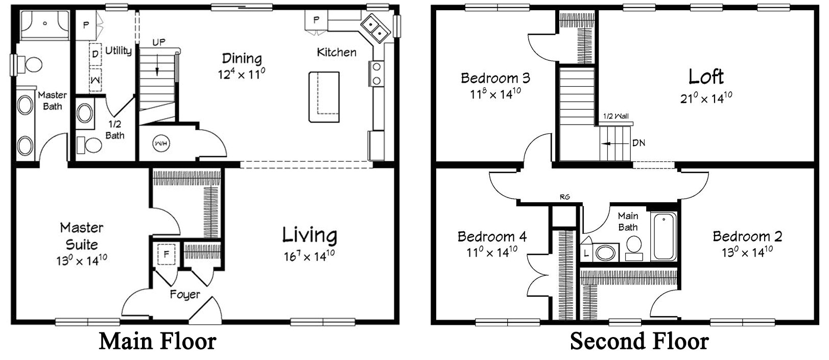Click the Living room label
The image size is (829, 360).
point(310,235)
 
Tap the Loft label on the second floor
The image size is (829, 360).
point(705,77)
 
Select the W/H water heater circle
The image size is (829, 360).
point(161,143)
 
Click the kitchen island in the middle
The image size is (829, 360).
point(324,97)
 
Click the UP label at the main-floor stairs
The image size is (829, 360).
point(159,42)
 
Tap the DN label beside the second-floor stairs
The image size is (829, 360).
point(638,143)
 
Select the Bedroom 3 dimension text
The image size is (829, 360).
point(495,94)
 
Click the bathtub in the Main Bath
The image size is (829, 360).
point(664,236)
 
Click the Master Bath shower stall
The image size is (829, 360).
point(45,25)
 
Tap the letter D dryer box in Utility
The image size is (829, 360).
point(96,54)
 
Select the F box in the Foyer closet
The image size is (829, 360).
point(166,254)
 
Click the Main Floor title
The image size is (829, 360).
point(157,341)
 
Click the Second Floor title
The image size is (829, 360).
point(639,341)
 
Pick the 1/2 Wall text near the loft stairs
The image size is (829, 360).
point(615,116)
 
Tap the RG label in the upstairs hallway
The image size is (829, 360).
point(564,197)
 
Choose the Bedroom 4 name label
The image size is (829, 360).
point(492,237)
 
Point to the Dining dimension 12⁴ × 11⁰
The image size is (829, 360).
point(242,74)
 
